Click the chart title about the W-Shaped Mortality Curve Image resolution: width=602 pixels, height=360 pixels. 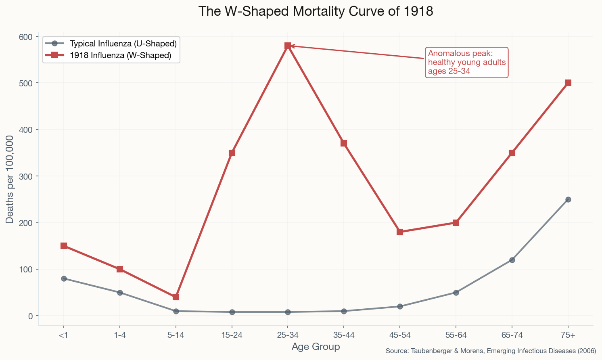pyautogui.click(x=316, y=11)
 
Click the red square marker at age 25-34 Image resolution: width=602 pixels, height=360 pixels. pyautogui.click(x=288, y=46)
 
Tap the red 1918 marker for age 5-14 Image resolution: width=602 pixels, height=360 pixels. pyautogui.click(x=176, y=297)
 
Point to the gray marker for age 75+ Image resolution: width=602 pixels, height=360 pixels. pyautogui.click(x=568, y=199)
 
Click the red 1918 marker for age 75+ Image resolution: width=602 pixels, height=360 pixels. pyautogui.click(x=568, y=83)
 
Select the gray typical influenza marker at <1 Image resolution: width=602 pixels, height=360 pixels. pyautogui.click(x=64, y=278)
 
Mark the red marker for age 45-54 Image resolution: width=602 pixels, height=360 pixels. pyautogui.click(x=400, y=232)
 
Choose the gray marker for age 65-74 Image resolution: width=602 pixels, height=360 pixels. pyautogui.click(x=512, y=260)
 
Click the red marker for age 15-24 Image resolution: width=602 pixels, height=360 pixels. pyautogui.click(x=232, y=153)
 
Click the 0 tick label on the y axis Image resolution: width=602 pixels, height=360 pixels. pyautogui.click(x=29, y=316)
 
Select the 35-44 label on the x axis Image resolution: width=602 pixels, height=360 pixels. pyautogui.click(x=343, y=335)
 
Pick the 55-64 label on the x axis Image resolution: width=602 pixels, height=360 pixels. pyautogui.click(x=456, y=335)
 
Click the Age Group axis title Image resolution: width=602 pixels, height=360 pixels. pyautogui.click(x=316, y=347)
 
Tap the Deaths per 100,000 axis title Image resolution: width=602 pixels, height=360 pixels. pyautogui.click(x=10, y=179)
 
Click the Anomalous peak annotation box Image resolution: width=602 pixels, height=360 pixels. pyautogui.click(x=467, y=63)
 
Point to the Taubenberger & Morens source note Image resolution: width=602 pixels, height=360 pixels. pyautogui.click(x=491, y=351)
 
